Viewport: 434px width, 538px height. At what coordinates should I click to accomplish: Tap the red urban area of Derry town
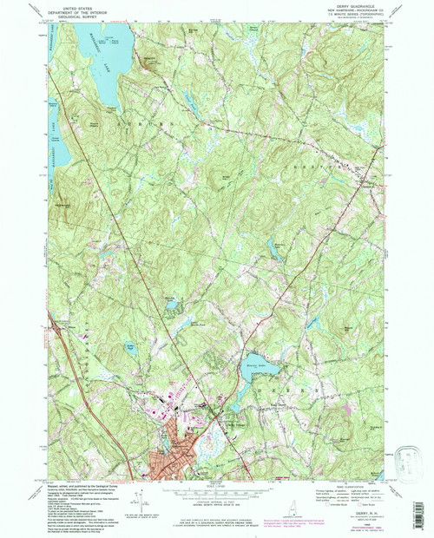[169, 464]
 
